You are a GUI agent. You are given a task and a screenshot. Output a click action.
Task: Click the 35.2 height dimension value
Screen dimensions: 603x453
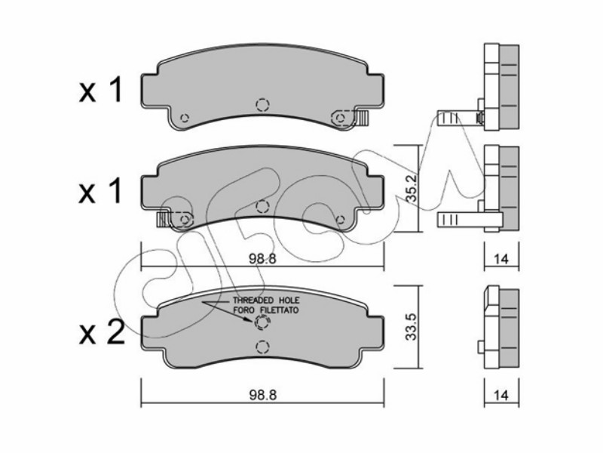[412, 188]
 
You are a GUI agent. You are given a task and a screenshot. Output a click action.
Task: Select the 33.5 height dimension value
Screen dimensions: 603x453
[412, 326]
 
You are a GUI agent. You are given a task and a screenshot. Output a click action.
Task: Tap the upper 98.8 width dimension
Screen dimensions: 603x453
[262, 258]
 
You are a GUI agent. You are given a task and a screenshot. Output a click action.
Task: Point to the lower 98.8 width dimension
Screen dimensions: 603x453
[263, 395]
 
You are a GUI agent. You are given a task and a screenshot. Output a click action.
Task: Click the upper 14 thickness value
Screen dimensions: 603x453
[501, 259]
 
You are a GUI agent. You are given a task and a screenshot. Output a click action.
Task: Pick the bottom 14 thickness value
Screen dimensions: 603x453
[501, 395]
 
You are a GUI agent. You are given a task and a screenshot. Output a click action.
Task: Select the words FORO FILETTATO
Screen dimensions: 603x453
[266, 310]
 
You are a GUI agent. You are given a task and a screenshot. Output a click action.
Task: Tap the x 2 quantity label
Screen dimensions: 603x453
[102, 333]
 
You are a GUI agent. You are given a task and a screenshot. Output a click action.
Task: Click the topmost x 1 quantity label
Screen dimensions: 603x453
[100, 90]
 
